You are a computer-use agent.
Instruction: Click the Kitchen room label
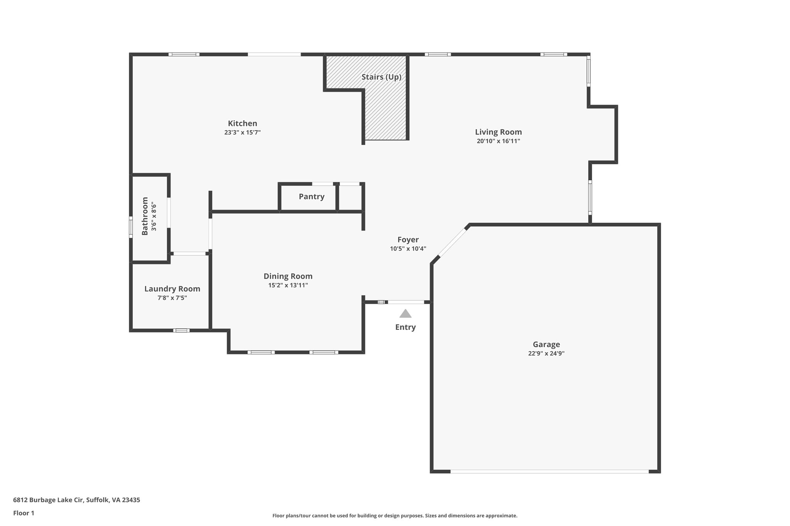(242, 123)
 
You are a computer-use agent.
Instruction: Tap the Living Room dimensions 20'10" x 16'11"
(498, 141)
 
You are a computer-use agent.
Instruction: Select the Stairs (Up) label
(381, 77)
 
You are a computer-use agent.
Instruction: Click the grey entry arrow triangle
(405, 314)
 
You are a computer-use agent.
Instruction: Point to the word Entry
(405, 327)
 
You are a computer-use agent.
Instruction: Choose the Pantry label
(311, 197)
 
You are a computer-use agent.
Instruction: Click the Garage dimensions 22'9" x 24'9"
(546, 353)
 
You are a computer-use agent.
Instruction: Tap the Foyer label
(408, 240)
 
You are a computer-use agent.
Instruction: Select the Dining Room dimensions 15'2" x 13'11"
(288, 286)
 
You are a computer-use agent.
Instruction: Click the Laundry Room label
(172, 289)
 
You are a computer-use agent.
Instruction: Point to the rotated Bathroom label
(145, 216)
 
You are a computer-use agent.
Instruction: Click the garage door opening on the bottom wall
(549, 471)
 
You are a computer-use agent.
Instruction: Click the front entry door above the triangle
(406, 302)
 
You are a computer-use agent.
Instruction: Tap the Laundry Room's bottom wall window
(181, 330)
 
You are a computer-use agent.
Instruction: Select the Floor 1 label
(24, 513)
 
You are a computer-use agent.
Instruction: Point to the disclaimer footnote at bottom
(395, 516)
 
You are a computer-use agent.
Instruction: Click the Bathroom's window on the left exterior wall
(131, 227)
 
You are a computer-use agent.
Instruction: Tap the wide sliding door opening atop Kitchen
(274, 54)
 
